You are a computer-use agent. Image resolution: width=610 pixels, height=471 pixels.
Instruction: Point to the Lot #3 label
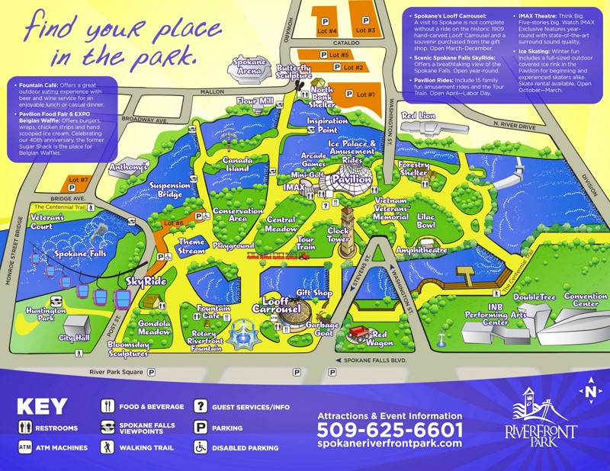point(365,30)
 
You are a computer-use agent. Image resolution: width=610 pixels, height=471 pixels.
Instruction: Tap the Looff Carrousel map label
point(282,306)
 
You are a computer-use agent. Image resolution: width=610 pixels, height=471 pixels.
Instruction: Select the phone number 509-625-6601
point(389,429)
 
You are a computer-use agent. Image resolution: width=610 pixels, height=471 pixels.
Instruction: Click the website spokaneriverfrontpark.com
point(389,444)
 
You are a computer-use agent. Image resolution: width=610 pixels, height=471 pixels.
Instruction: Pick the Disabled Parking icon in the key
point(201,447)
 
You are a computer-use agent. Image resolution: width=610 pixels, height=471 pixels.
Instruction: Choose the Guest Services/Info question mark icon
point(201,407)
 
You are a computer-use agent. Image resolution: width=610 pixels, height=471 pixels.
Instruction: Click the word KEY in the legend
point(42,407)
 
